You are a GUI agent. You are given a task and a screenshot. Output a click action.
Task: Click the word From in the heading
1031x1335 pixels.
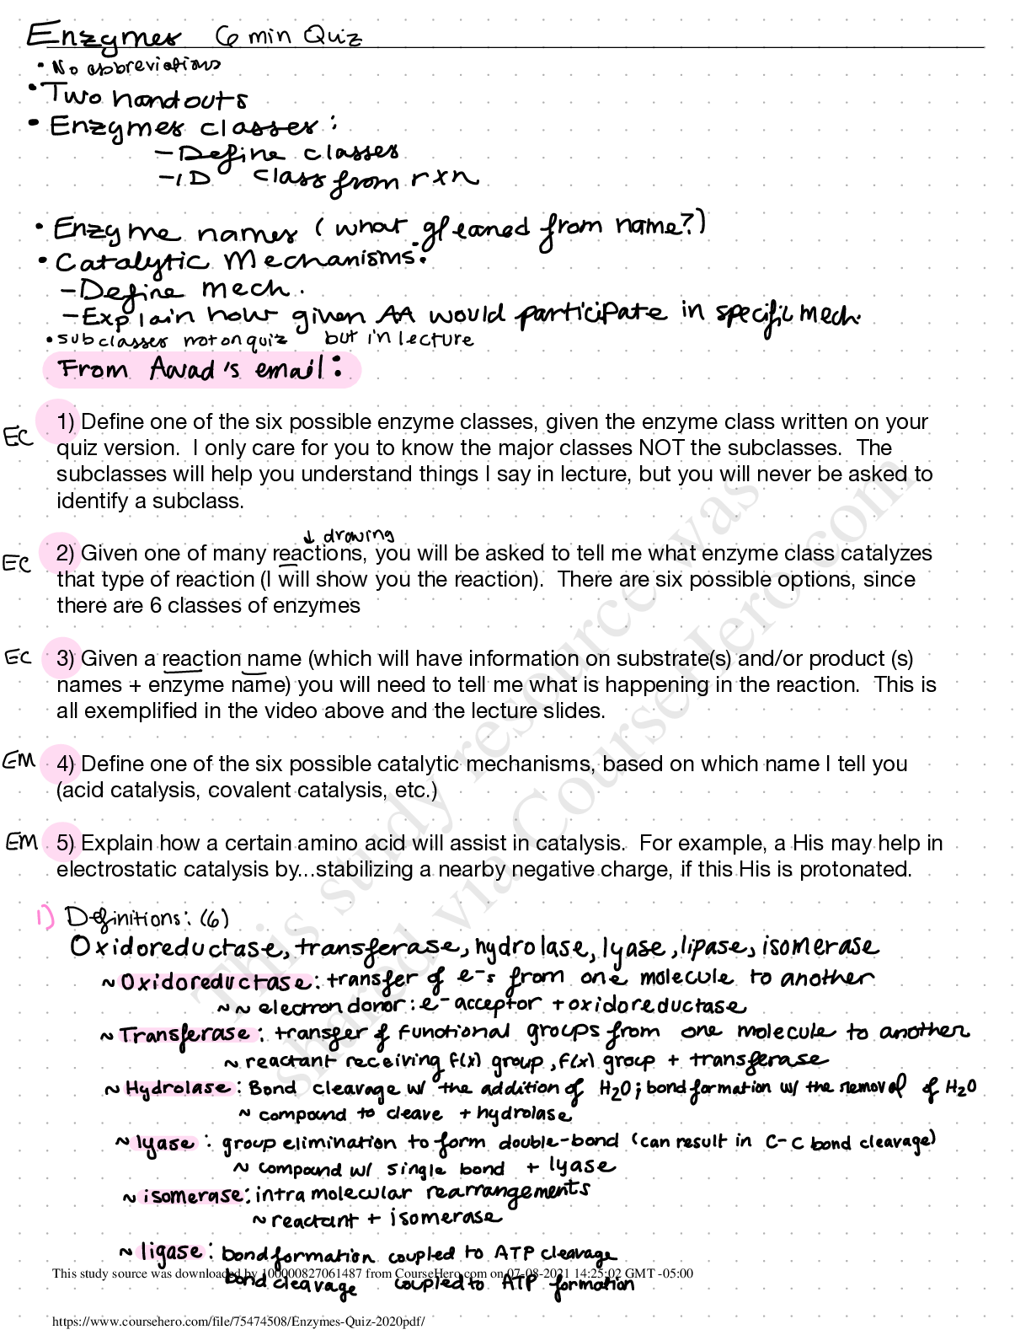(93, 369)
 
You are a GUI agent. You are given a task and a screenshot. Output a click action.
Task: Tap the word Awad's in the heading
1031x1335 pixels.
(195, 369)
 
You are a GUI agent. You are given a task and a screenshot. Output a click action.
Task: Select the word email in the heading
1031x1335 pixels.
(290, 369)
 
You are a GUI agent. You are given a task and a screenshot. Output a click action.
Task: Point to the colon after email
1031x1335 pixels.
(338, 367)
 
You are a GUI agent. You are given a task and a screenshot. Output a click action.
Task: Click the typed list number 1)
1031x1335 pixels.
(65, 421)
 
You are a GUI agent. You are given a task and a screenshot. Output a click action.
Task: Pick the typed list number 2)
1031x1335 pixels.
(65, 553)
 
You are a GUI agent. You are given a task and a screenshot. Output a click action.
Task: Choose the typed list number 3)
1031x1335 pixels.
(65, 658)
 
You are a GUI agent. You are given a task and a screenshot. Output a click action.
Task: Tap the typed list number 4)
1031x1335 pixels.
(65, 764)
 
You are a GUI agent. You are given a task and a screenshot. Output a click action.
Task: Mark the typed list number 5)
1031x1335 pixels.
(65, 842)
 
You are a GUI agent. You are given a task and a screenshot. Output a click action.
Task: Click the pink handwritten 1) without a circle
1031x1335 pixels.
(45, 916)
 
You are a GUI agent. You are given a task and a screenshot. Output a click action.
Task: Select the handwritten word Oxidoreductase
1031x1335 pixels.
(214, 983)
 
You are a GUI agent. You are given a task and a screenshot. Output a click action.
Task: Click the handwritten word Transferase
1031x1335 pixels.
(188, 1035)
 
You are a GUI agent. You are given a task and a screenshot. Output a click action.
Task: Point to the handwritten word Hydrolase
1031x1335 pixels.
(179, 1088)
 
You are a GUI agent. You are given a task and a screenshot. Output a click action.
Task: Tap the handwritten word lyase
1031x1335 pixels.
(165, 1144)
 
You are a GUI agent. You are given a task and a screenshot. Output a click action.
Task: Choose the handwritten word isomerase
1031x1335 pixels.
(191, 1197)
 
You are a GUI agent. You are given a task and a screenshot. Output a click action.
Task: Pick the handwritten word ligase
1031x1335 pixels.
(171, 1252)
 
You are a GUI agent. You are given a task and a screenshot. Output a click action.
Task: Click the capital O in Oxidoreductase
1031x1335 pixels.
(126, 982)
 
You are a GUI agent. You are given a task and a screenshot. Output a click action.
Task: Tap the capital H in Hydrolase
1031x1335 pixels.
(131, 1088)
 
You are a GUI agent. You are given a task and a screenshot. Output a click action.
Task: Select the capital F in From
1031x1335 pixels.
(67, 368)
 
